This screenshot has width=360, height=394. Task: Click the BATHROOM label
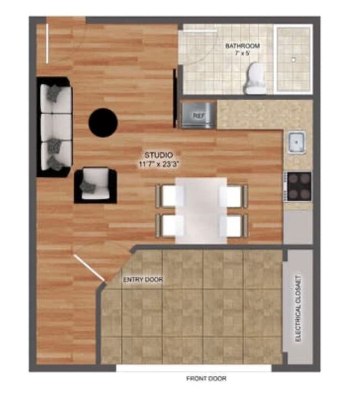point(242,45)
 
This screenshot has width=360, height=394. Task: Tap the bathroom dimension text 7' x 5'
point(242,54)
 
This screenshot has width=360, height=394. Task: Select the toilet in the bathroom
point(256,78)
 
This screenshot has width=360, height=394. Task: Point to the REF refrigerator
point(198,115)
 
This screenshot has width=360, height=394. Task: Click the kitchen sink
point(297,143)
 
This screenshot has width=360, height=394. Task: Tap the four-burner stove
point(299,187)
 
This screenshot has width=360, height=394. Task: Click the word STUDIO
point(158,155)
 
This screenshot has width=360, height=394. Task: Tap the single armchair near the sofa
point(95,185)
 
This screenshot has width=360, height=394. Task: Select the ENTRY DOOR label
point(143,280)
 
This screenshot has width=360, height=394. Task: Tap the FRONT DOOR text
point(207,379)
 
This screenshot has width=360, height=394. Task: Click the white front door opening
point(194,367)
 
